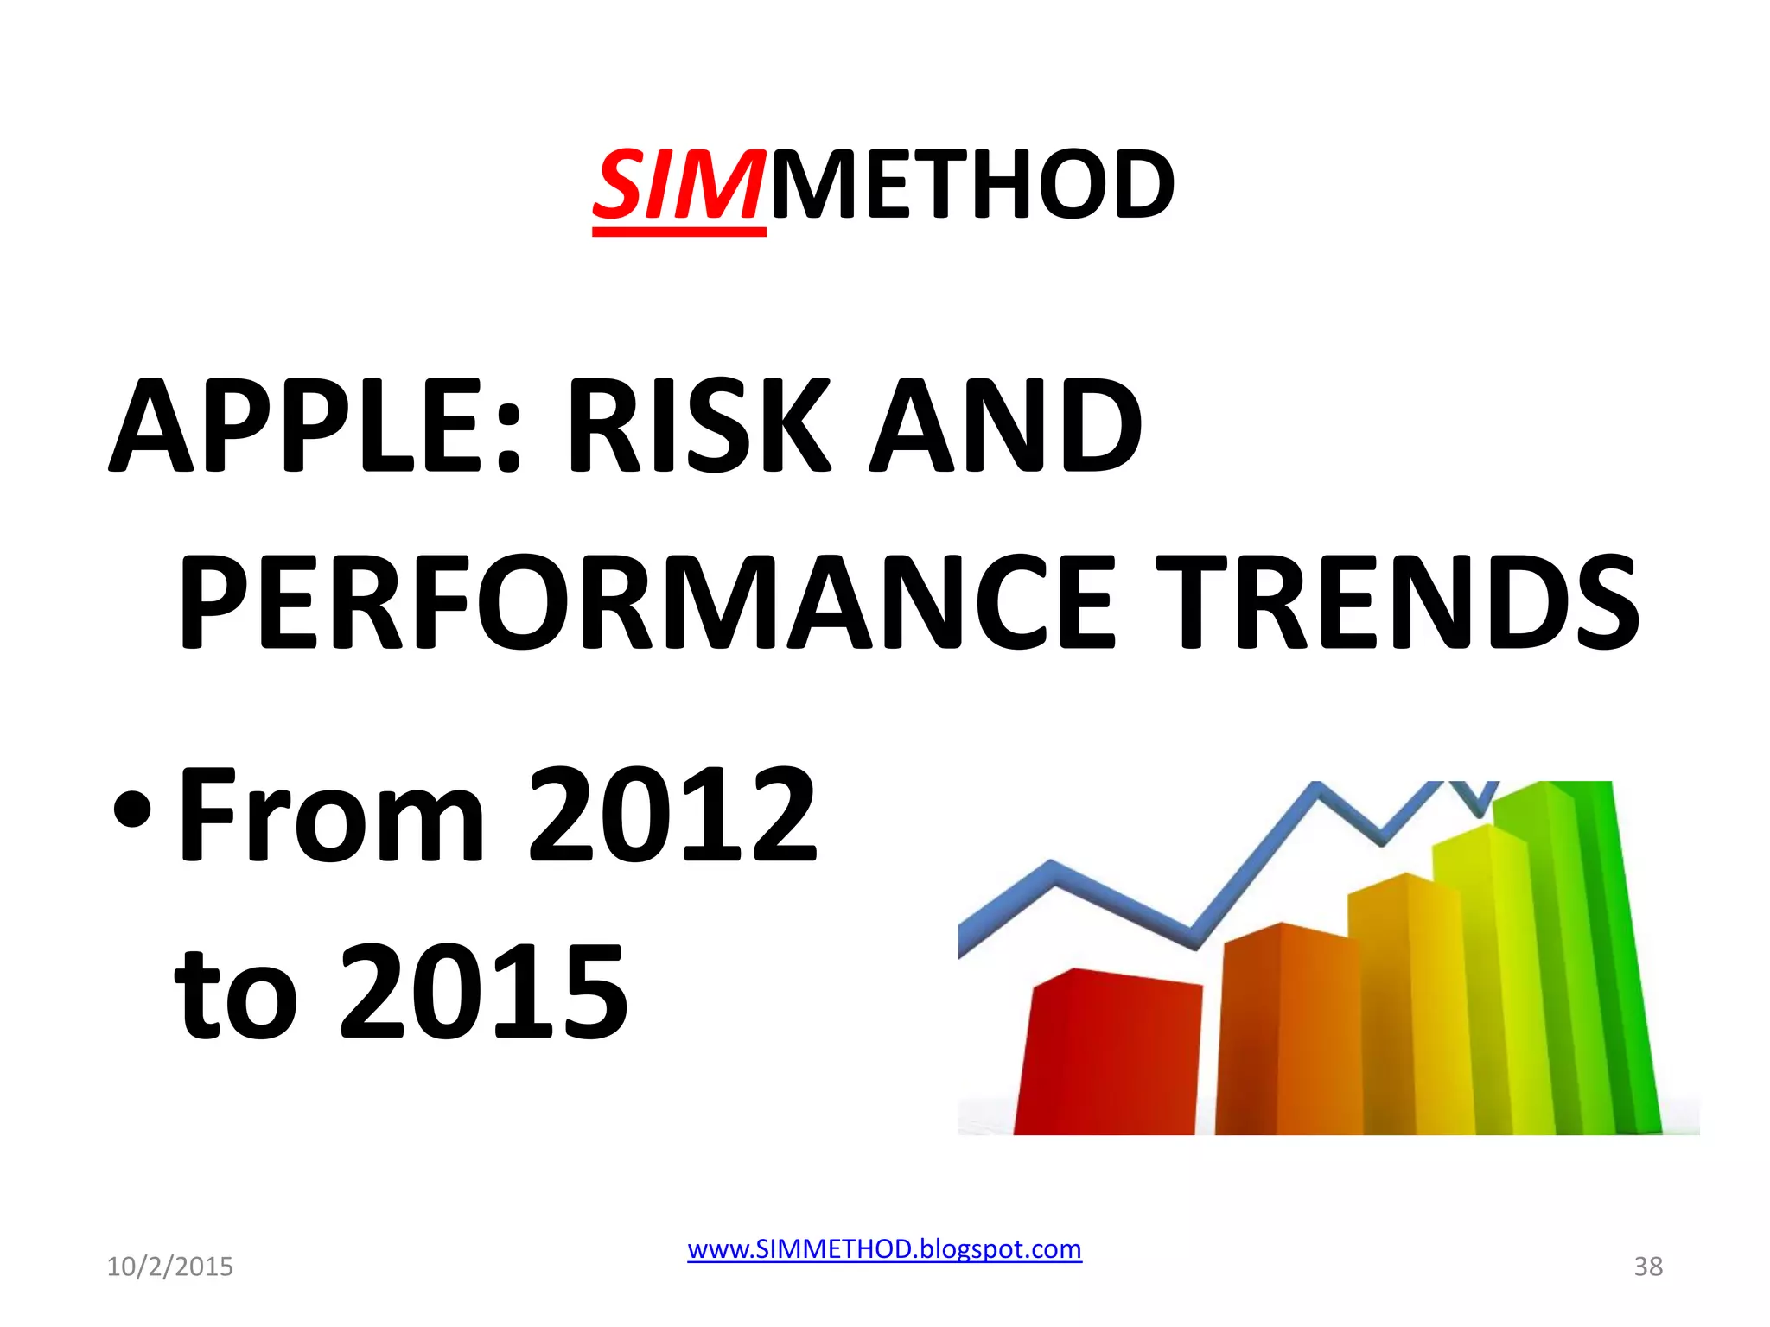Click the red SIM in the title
[x=678, y=186]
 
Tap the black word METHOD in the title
[x=972, y=186]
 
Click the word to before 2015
[x=237, y=994]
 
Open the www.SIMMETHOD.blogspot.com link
[x=884, y=1249]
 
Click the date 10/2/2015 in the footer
[x=169, y=1267]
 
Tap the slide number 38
[x=1647, y=1267]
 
